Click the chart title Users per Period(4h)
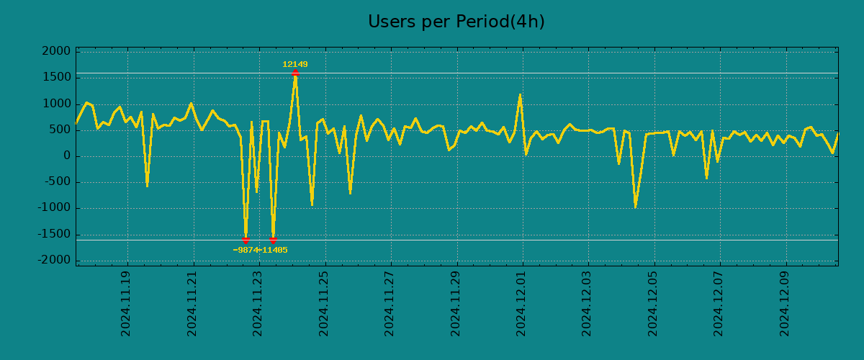point(456,22)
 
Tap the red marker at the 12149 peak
point(295,73)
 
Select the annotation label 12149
point(295,65)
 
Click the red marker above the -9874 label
point(246,240)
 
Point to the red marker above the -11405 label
point(273,240)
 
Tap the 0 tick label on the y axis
point(67,156)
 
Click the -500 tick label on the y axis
point(58,182)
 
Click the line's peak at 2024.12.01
point(520,95)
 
